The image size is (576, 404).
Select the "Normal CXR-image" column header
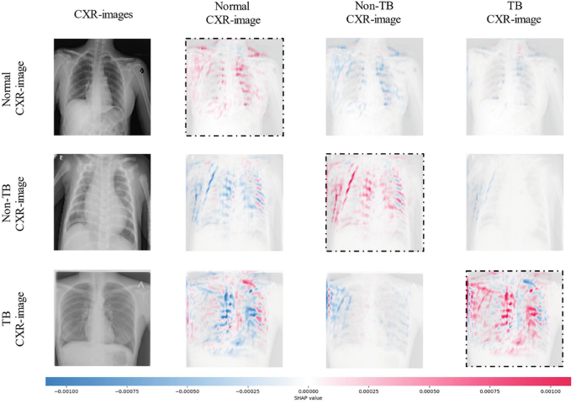coord(235,19)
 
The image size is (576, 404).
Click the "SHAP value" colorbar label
coord(308,399)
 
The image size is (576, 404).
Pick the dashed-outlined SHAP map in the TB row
coord(514,318)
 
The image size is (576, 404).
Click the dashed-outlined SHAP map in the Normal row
coord(235,87)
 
